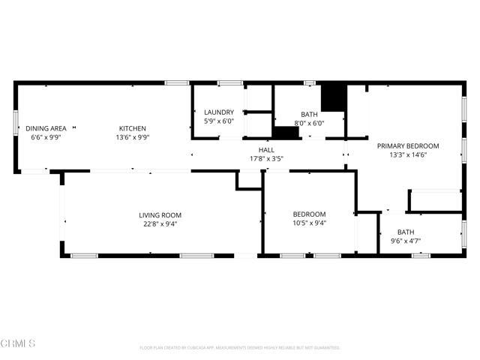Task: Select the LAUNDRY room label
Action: click(x=219, y=112)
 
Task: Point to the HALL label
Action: click(x=256, y=149)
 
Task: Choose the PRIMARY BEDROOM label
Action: click(x=407, y=145)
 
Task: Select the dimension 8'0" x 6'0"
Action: click(x=309, y=124)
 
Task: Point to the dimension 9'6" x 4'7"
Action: click(x=406, y=241)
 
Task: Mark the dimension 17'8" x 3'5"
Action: click(x=256, y=158)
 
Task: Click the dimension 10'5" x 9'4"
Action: click(x=309, y=223)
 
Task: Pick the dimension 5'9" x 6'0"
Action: click(x=219, y=121)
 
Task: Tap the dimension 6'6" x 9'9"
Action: click(x=45, y=137)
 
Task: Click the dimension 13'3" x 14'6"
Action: click(x=407, y=154)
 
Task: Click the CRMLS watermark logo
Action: click(x=18, y=343)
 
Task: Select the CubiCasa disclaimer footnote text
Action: click(x=240, y=348)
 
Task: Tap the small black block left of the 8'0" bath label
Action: click(x=285, y=133)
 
